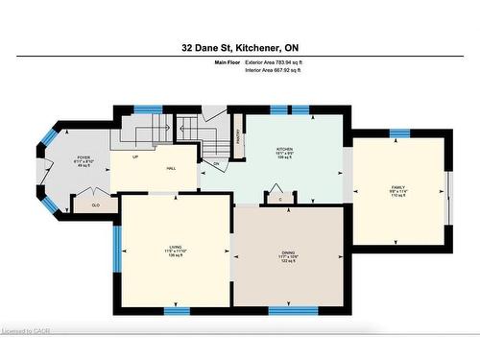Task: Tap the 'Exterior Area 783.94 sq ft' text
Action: (286, 61)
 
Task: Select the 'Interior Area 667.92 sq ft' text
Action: (286, 70)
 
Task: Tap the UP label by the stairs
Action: (135, 157)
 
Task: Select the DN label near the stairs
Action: (216, 163)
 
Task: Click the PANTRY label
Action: (237, 136)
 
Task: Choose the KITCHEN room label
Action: (285, 151)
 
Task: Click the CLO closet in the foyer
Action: (95, 204)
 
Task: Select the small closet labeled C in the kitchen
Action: (279, 199)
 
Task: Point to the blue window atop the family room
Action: (398, 133)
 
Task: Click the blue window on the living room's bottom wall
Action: (176, 310)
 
